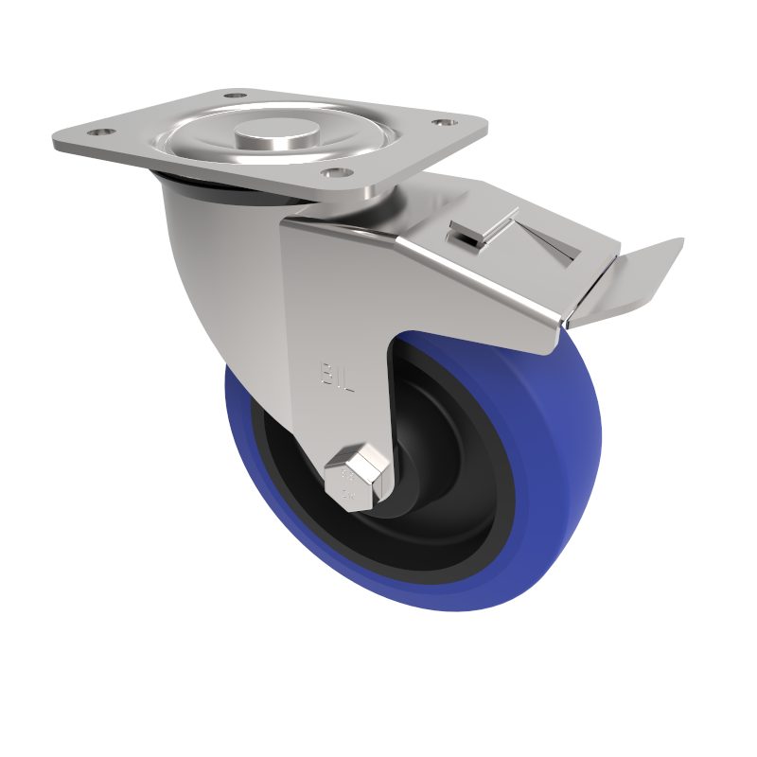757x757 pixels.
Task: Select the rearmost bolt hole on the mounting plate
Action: pos(235,96)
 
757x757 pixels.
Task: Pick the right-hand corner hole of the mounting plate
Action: pos(440,122)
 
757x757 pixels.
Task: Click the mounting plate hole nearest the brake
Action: pos(330,172)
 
